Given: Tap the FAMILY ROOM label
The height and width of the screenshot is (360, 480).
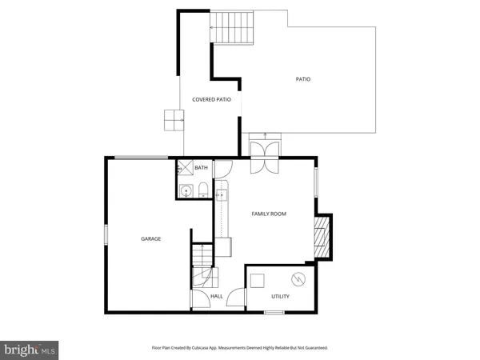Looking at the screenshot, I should (269, 214).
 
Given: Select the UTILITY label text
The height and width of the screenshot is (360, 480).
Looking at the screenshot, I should (280, 297).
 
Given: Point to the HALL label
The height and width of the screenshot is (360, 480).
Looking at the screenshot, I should (216, 297).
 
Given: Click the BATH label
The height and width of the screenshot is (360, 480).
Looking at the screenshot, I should (201, 168).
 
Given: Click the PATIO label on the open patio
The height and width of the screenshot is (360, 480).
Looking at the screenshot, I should (302, 79).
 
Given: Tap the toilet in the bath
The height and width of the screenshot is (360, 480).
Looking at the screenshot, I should (203, 190).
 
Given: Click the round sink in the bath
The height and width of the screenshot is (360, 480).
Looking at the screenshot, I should (185, 190).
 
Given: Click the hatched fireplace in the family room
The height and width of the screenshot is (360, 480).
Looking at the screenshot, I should (320, 241).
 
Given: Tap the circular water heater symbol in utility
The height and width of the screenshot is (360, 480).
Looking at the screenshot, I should (298, 279).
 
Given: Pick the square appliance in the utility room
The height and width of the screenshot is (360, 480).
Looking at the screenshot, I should (258, 280).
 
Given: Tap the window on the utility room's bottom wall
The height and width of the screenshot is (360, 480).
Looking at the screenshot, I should (274, 312).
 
